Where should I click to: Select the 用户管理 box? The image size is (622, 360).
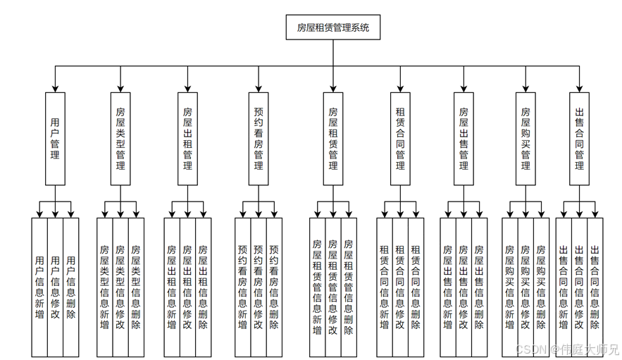pos(55,139)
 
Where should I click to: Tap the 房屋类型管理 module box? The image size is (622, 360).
pos(120,139)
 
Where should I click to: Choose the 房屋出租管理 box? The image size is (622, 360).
pos(187,139)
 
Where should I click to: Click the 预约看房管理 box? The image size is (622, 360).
pos(259,139)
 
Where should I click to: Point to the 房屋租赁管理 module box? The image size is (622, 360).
pos(333,139)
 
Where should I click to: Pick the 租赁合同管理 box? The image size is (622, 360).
pos(400,139)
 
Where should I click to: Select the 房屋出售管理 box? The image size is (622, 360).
pos(464,139)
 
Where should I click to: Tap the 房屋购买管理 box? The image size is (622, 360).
pos(525,139)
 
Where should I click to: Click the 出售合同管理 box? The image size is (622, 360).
pos(580,139)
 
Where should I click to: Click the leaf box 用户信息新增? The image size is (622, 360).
pos(39,287)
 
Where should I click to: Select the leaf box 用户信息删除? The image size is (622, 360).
pos(70,287)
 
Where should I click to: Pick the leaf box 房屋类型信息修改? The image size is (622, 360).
pos(120,287)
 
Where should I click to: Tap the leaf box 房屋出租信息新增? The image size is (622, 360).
pos(172,287)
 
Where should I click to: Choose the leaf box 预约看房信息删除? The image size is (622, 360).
pos(274,287)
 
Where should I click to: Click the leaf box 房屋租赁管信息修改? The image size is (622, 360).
pos(333,287)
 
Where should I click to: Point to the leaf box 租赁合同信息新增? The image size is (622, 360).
pos(385,287)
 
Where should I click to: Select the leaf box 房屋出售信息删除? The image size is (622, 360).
pos(479,287)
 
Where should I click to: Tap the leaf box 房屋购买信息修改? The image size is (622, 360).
pos(525,287)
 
